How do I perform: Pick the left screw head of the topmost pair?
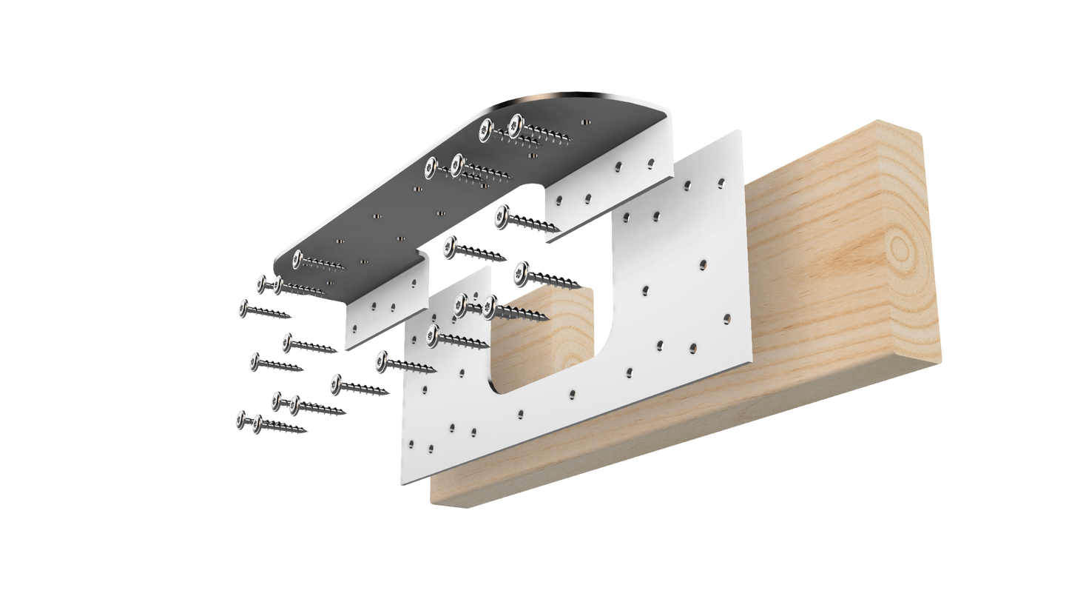pyautogui.click(x=486, y=129)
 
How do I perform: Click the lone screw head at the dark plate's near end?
pyautogui.click(x=298, y=258)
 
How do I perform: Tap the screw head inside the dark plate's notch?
pyautogui.click(x=502, y=215)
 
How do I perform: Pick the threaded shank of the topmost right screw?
pyautogui.click(x=551, y=134)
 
